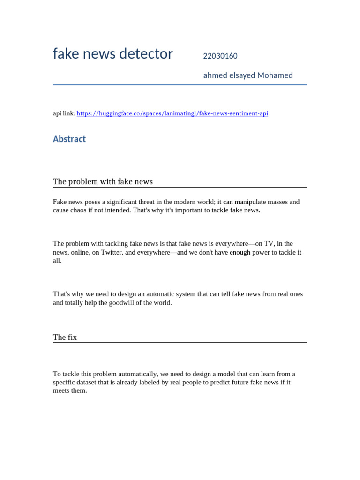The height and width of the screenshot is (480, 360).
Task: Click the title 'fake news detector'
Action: coord(112,54)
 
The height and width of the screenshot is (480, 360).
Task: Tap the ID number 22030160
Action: coord(220,56)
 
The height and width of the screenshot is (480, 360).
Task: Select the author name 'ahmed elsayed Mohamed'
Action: coord(248,75)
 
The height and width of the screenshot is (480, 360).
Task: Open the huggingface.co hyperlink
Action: coord(172,113)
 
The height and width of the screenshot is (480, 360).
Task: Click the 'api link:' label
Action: coord(64,113)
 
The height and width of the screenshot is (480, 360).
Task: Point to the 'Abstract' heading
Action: coord(69,139)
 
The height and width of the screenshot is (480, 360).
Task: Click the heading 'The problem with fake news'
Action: coord(103,181)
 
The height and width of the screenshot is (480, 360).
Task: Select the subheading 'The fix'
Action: coord(65,337)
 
